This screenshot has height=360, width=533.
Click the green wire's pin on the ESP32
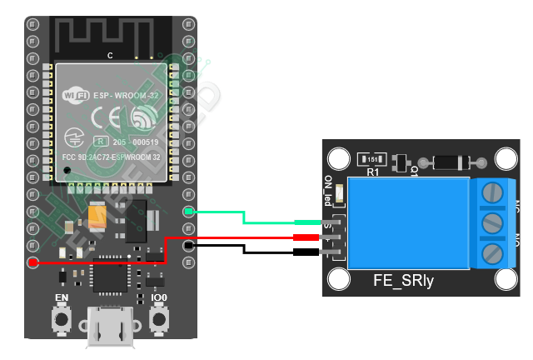point(189,212)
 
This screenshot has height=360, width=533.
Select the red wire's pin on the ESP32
point(32,263)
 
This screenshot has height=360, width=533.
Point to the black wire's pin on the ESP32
point(189,246)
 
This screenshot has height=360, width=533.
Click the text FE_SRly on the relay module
point(403,282)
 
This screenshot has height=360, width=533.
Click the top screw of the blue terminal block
point(493,192)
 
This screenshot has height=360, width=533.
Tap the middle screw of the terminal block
point(493,222)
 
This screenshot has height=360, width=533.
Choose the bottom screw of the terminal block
point(493,252)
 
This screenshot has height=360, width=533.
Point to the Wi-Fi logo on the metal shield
point(76,95)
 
